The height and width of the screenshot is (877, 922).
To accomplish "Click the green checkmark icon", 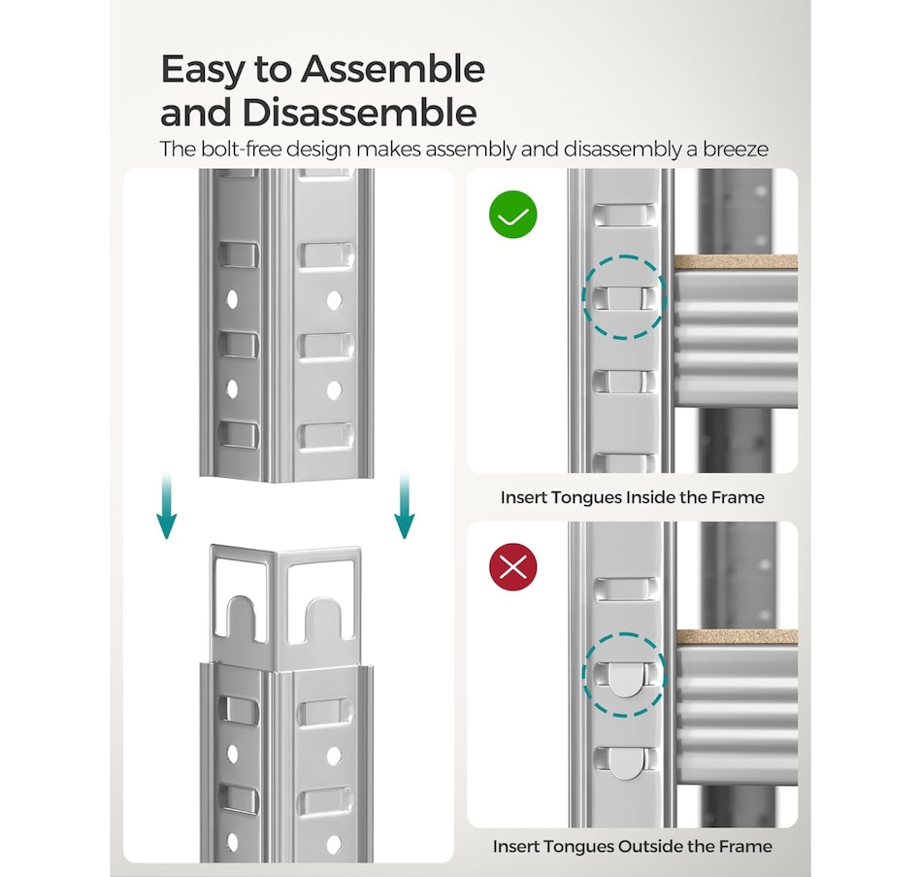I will [513, 215].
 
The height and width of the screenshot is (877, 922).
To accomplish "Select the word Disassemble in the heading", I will [360, 113].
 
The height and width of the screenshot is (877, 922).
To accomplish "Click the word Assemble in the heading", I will [393, 71].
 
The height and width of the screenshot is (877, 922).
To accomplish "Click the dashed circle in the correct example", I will [623, 296].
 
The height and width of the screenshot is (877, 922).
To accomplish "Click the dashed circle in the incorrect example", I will [623, 675].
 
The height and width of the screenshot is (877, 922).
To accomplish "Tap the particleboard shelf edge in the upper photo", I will [736, 262].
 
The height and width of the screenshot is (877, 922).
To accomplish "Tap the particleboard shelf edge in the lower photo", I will [736, 636].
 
